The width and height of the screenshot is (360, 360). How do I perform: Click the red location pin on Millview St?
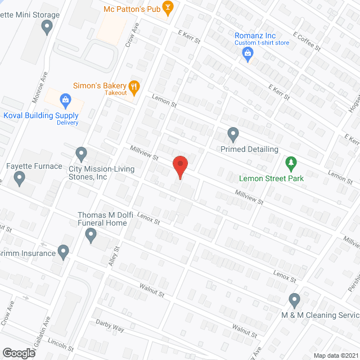179,167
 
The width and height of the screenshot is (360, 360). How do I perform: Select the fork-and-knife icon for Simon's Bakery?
134,86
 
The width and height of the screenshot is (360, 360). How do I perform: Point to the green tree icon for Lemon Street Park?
291,164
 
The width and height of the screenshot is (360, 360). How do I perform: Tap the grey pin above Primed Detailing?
233,135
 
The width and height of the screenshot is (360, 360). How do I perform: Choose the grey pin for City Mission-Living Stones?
82,153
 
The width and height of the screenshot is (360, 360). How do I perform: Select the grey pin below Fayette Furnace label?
20,179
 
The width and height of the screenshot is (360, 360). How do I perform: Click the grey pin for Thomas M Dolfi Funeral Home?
91,236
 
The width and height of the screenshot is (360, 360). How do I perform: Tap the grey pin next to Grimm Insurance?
63,252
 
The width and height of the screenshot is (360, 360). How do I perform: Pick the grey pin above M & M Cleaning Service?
294,300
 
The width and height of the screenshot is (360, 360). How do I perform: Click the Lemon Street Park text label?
271,178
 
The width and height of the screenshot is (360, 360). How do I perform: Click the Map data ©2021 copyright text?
335,355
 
